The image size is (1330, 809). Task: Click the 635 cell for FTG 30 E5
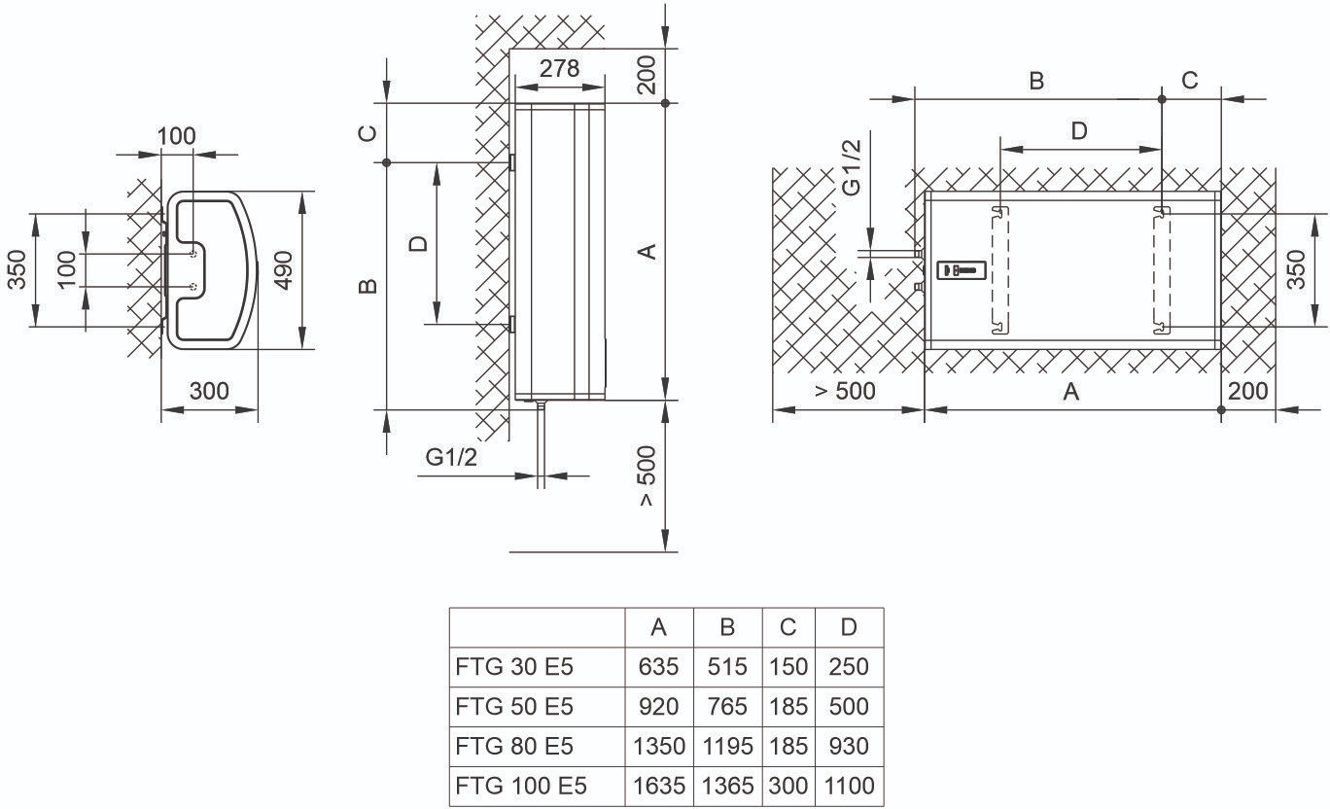[658, 667]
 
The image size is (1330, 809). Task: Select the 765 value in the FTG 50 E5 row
[727, 706]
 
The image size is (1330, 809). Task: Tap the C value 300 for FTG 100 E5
[787, 785]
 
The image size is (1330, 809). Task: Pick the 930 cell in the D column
[849, 746]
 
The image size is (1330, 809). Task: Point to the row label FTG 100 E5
[520, 785]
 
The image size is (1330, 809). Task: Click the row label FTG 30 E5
[514, 667]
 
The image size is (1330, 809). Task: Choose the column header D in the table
[849, 628]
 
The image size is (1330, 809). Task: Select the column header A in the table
[658, 628]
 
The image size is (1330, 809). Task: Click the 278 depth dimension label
[559, 68]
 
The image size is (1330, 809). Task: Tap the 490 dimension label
[283, 268]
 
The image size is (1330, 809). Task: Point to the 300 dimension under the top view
[209, 391]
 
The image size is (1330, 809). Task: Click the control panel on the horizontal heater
[961, 269]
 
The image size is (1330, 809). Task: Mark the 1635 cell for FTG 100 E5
[658, 785]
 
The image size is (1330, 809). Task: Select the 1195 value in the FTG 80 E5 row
[727, 746]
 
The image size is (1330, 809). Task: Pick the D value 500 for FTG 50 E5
[849, 706]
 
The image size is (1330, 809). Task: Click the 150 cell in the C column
[787, 667]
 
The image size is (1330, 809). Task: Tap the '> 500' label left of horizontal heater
[845, 391]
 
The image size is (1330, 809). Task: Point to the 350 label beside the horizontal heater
[1296, 269]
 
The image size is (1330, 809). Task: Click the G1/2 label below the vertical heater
[452, 457]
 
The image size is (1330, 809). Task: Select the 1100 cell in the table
[849, 785]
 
